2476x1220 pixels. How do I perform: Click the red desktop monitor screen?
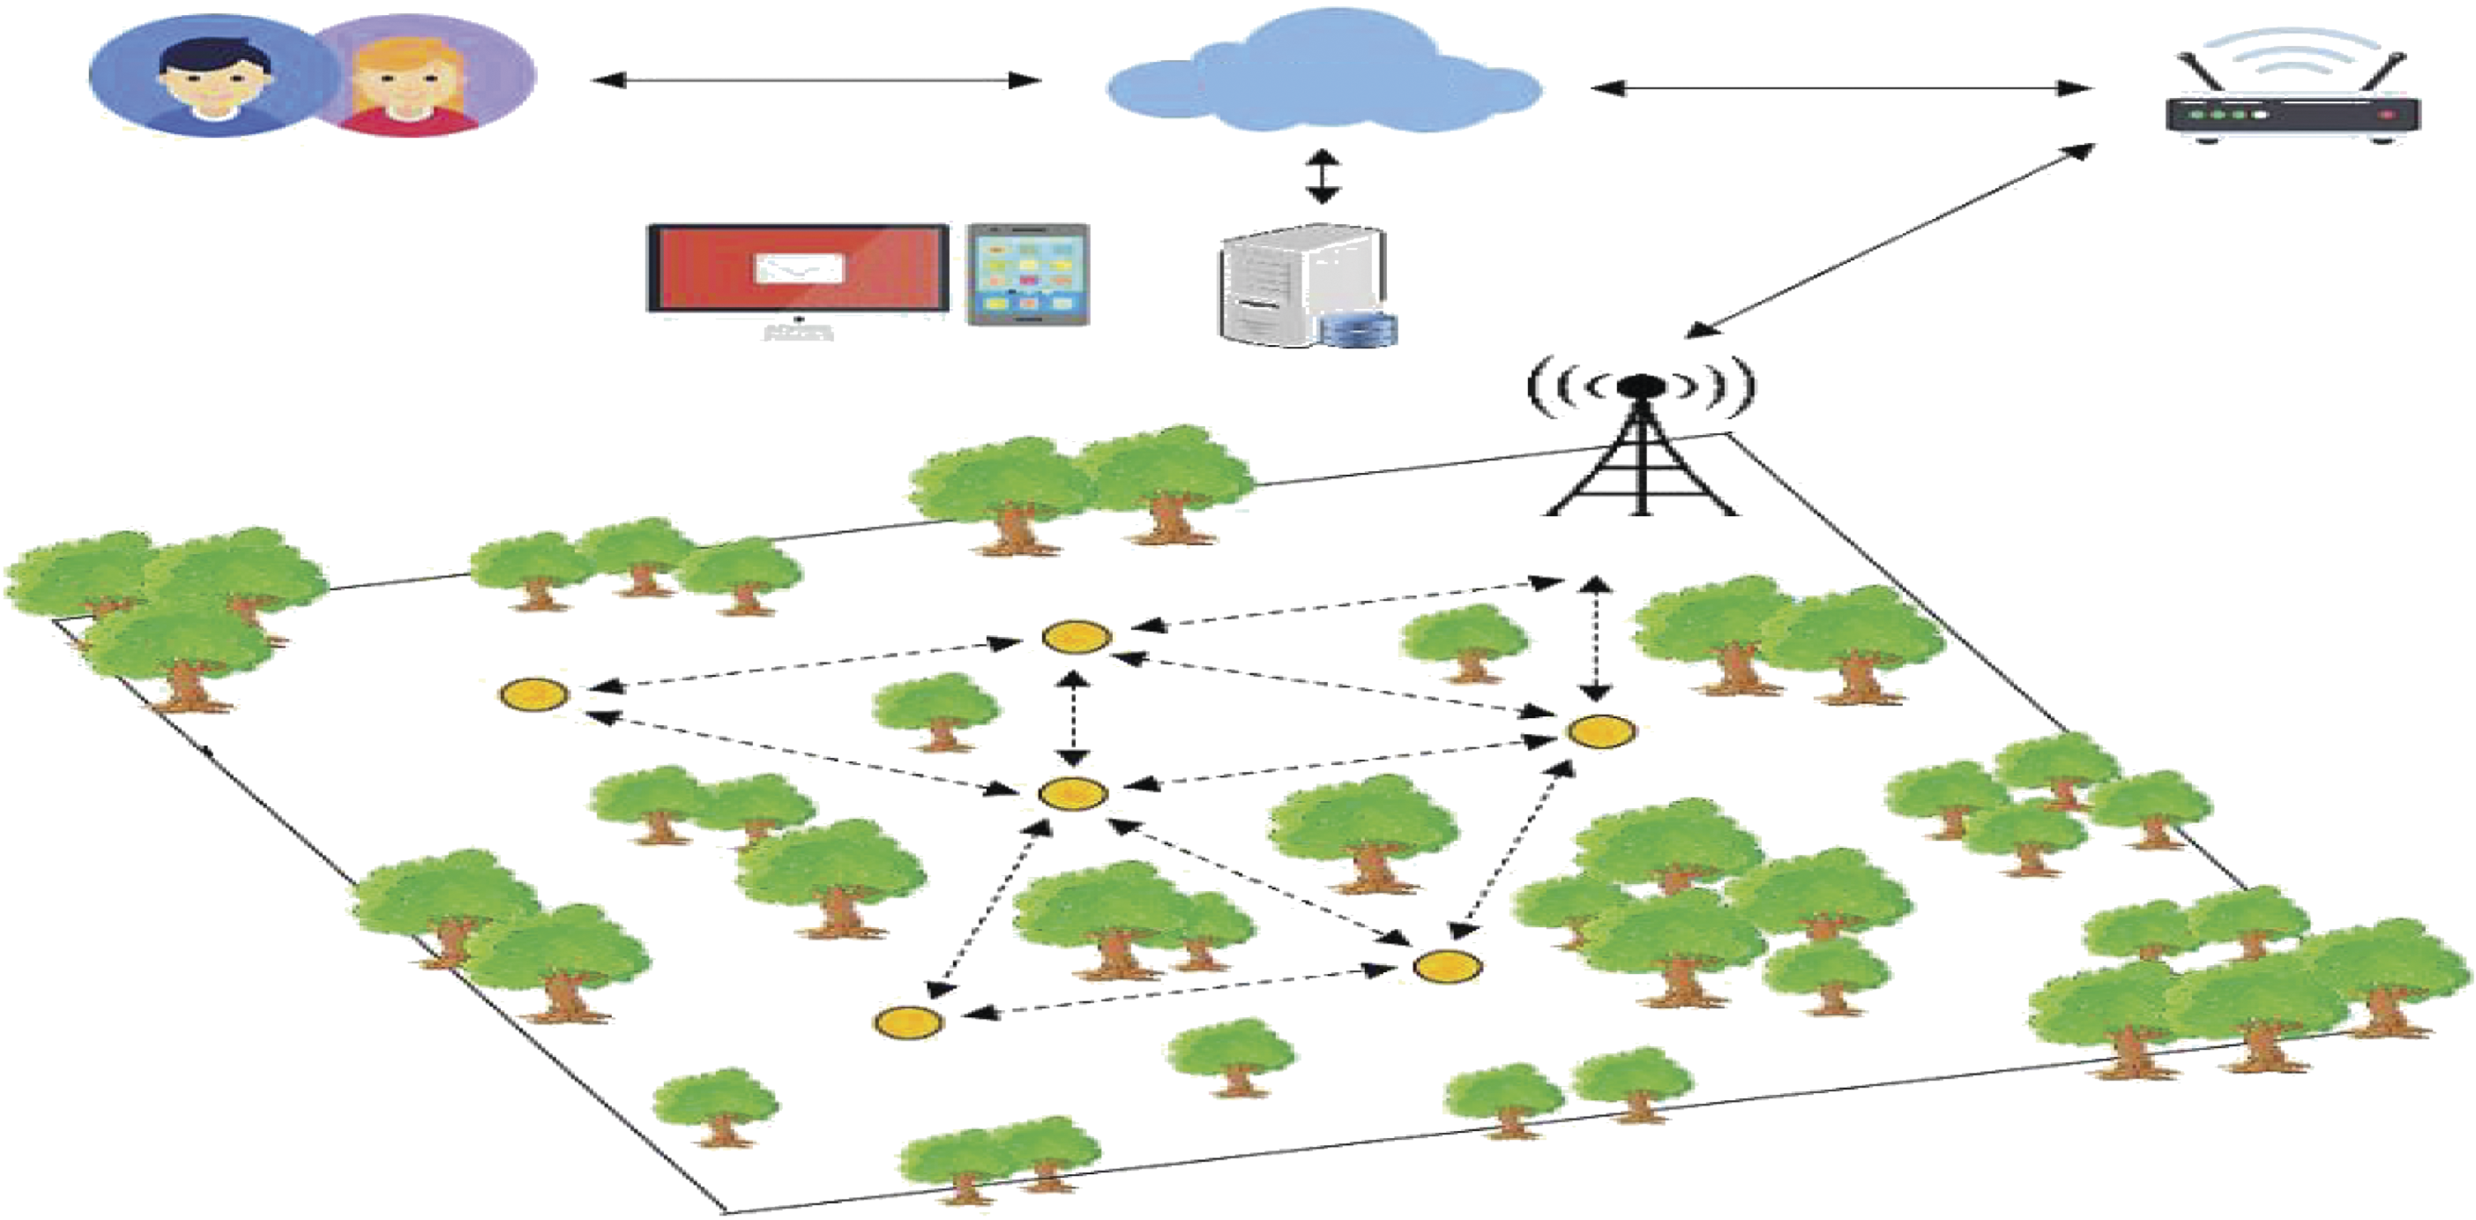point(798,268)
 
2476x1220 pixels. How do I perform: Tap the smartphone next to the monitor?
point(1028,274)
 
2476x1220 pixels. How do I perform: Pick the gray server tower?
point(1293,285)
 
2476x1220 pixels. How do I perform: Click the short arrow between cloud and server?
point(1323,176)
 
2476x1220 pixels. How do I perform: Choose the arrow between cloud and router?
point(1840,88)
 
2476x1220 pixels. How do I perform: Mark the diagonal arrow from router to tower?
point(1890,242)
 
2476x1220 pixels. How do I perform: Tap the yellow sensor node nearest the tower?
point(1602,731)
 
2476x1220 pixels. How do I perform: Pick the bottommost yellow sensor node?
point(908,1022)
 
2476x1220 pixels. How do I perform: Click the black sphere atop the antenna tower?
point(1640,385)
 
